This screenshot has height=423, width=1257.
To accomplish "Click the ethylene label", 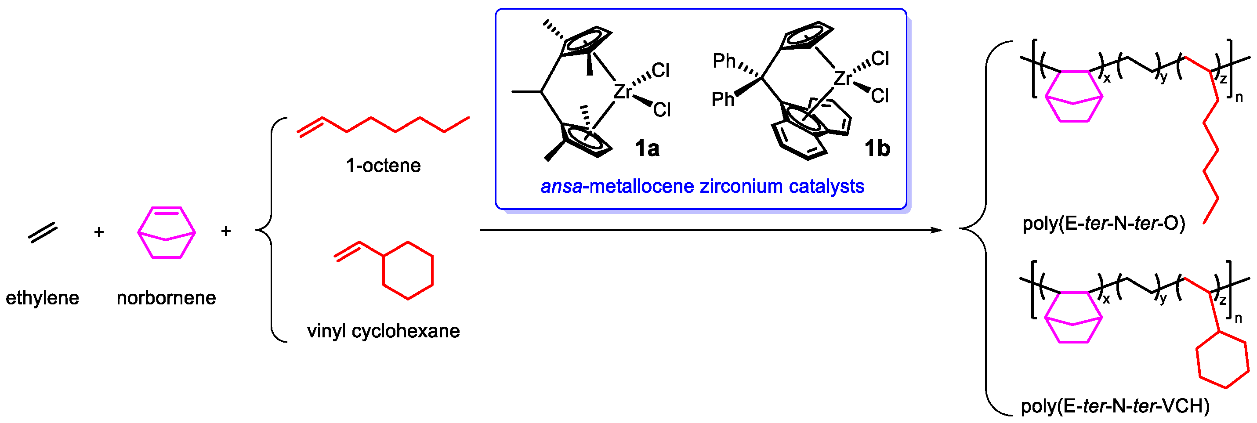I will (42, 298).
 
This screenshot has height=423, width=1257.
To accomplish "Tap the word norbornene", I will (166, 298).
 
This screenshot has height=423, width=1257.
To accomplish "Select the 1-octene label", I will (383, 166).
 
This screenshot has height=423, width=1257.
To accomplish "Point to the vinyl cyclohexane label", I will (383, 331).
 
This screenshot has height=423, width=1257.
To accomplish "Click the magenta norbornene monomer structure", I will (167, 233).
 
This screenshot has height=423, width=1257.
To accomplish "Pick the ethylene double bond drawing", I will (43, 233).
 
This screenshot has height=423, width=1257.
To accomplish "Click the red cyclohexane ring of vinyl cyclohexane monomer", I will (408, 270).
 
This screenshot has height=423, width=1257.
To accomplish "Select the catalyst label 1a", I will (647, 148).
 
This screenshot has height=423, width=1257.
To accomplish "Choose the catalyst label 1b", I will (877, 148).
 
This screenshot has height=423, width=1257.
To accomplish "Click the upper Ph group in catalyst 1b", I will (724, 61).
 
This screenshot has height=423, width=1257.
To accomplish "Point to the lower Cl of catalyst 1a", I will (662, 110).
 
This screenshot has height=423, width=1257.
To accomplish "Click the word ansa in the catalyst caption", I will (561, 186).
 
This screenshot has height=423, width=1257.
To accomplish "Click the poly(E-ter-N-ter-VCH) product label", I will (1115, 406).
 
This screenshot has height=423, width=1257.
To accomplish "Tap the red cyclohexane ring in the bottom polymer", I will (1222, 360).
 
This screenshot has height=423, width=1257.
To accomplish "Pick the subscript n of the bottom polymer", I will (1238, 318).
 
